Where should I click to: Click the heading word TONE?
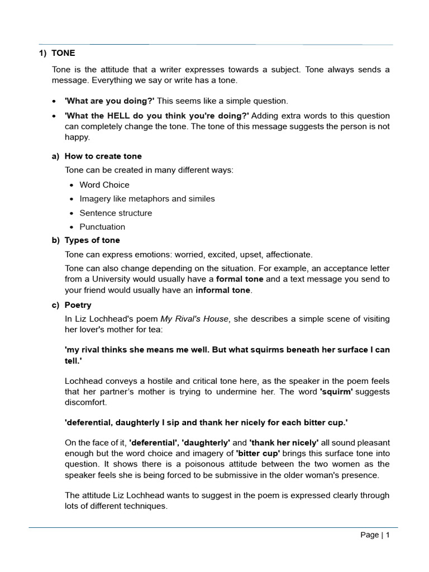coord(63,53)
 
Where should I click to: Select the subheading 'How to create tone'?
coord(103,156)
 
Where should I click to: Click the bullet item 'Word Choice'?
coord(104,185)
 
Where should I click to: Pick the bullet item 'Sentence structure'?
coord(116,213)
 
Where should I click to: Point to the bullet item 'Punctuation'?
coord(102,227)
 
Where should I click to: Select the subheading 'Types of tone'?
coord(92,240)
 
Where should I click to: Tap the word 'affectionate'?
coord(289,255)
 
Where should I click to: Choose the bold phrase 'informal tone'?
coord(223,290)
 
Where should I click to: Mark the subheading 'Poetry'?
coord(78,305)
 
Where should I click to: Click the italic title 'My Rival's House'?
coord(194,319)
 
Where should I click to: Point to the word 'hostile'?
coord(147,381)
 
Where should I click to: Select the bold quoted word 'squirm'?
coord(336,392)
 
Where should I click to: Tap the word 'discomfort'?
coord(87,402)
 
